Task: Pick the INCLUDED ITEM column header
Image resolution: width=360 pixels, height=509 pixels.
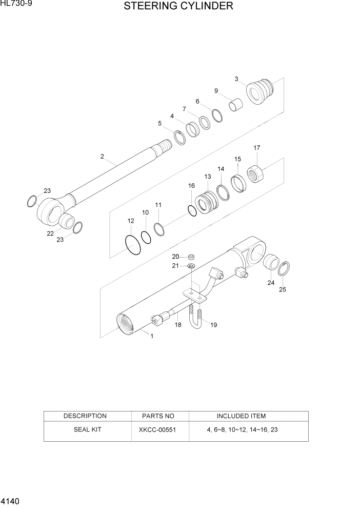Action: coord(241,416)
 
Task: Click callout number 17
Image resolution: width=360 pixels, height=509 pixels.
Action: coord(257,148)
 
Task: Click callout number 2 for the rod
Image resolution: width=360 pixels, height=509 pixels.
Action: coord(102,156)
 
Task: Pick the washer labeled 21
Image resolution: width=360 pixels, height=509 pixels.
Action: coord(191,266)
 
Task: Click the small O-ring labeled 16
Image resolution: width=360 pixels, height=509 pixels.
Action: coord(192,210)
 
